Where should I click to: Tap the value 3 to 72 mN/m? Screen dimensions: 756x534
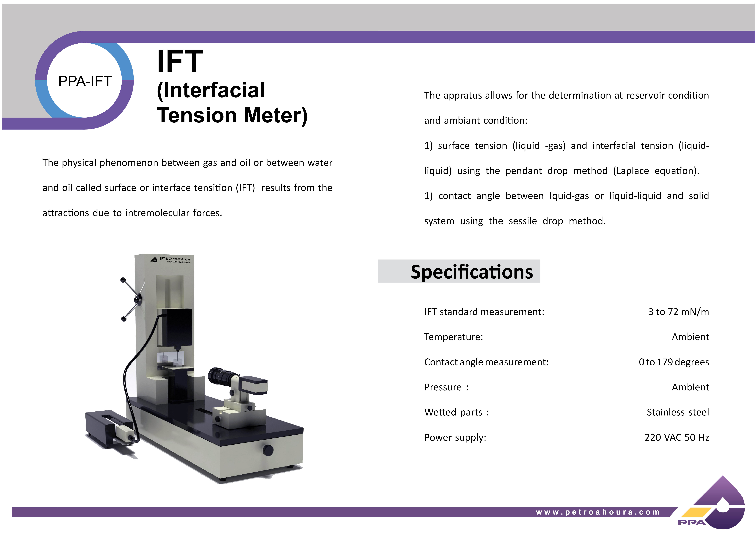678,312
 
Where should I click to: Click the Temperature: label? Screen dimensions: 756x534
453,337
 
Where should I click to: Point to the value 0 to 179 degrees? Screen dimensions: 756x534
674,362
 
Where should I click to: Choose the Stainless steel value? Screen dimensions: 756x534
678,412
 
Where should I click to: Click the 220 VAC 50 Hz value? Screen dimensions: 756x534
677,437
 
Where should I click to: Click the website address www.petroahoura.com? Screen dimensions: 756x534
598,512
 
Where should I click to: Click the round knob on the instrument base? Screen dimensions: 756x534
268,450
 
